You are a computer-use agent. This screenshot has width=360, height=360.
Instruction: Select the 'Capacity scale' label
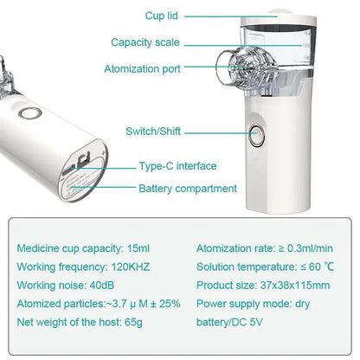(145, 42)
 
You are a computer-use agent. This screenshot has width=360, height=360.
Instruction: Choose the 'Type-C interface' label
(177, 166)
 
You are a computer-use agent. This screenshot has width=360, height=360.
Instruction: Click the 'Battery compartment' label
(188, 188)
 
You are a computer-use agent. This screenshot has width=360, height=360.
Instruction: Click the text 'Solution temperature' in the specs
(247, 267)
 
